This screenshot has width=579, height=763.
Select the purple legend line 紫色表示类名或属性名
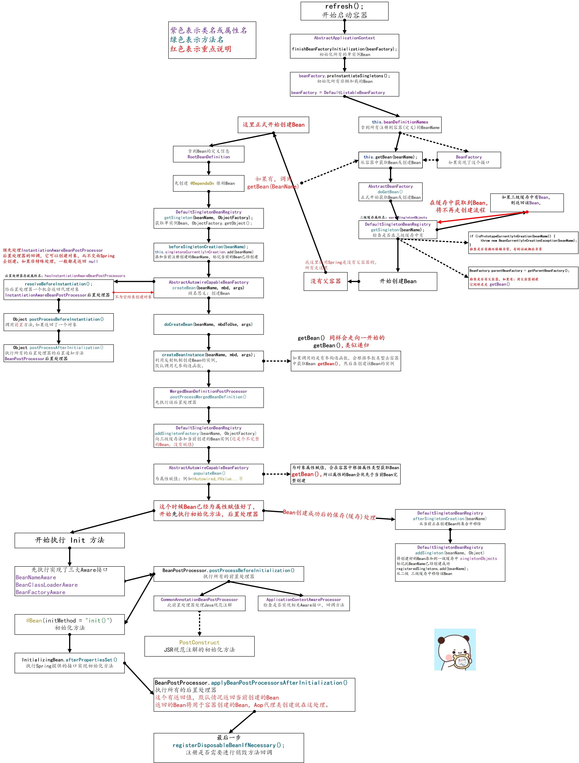coord(208,30)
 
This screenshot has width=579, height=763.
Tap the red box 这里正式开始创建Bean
coord(273,125)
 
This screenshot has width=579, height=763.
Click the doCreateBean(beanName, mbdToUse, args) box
coord(208,324)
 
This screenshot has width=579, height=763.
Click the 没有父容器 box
coord(325,281)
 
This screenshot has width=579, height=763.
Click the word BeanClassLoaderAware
coord(47,585)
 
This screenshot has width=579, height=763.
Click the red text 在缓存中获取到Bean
coord(458,203)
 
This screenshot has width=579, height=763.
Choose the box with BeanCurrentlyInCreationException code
coord(523,243)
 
